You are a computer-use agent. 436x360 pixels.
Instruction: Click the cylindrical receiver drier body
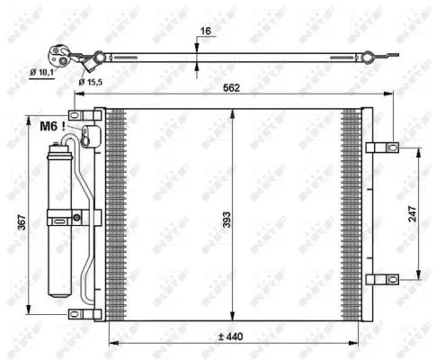pyautogui.click(x=60, y=216)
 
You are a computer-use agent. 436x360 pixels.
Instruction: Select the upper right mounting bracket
pyautogui.click(x=381, y=148)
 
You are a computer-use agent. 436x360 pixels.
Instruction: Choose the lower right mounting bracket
pyautogui.click(x=381, y=279)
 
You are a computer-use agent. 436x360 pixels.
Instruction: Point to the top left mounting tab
pyautogui.click(x=83, y=114)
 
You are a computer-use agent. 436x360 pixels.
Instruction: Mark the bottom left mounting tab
pyautogui.click(x=83, y=313)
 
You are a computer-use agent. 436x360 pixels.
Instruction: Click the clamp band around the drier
pyautogui.click(x=64, y=216)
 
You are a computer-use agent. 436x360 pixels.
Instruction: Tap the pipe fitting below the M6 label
pyautogui.click(x=88, y=137)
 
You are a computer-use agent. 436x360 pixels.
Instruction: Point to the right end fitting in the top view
pyautogui.click(x=369, y=58)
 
